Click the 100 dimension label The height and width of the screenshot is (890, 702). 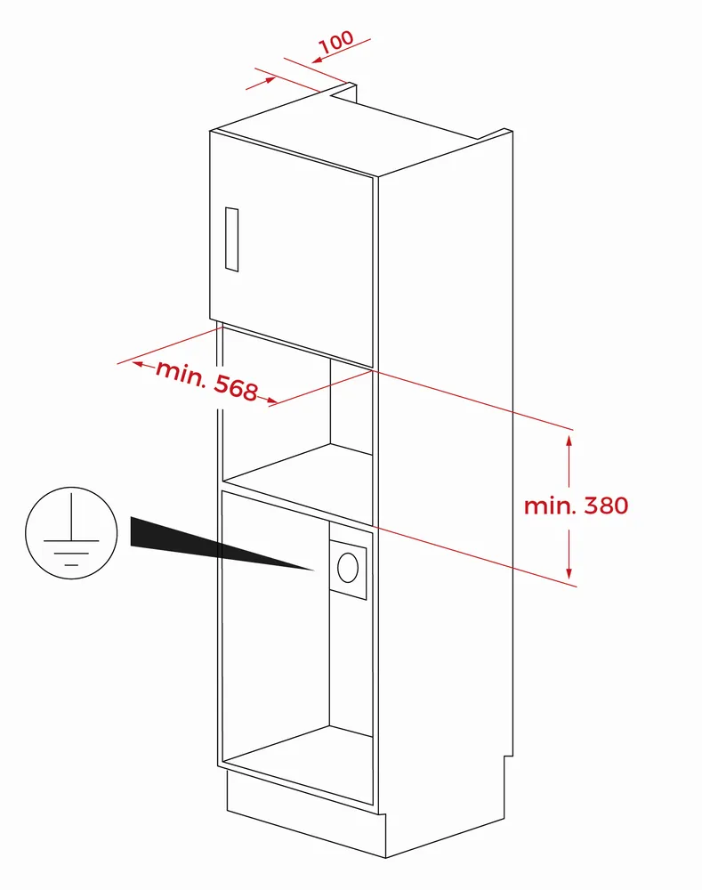(x=336, y=42)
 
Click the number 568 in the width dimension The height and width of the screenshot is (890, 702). (x=236, y=388)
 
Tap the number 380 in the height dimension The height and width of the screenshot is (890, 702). (x=606, y=506)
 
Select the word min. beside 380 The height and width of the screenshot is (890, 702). (x=549, y=506)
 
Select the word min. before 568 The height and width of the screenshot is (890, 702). (x=181, y=372)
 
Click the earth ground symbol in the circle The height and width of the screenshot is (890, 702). (x=71, y=532)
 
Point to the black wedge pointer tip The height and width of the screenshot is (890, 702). (x=314, y=570)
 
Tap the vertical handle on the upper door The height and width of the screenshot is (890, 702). (x=231, y=239)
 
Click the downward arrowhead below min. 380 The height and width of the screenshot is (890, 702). (x=569, y=573)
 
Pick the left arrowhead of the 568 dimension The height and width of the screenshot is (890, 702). (x=138, y=364)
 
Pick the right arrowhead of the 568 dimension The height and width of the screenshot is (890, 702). (x=272, y=401)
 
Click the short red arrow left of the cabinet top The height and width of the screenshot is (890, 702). (x=261, y=83)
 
